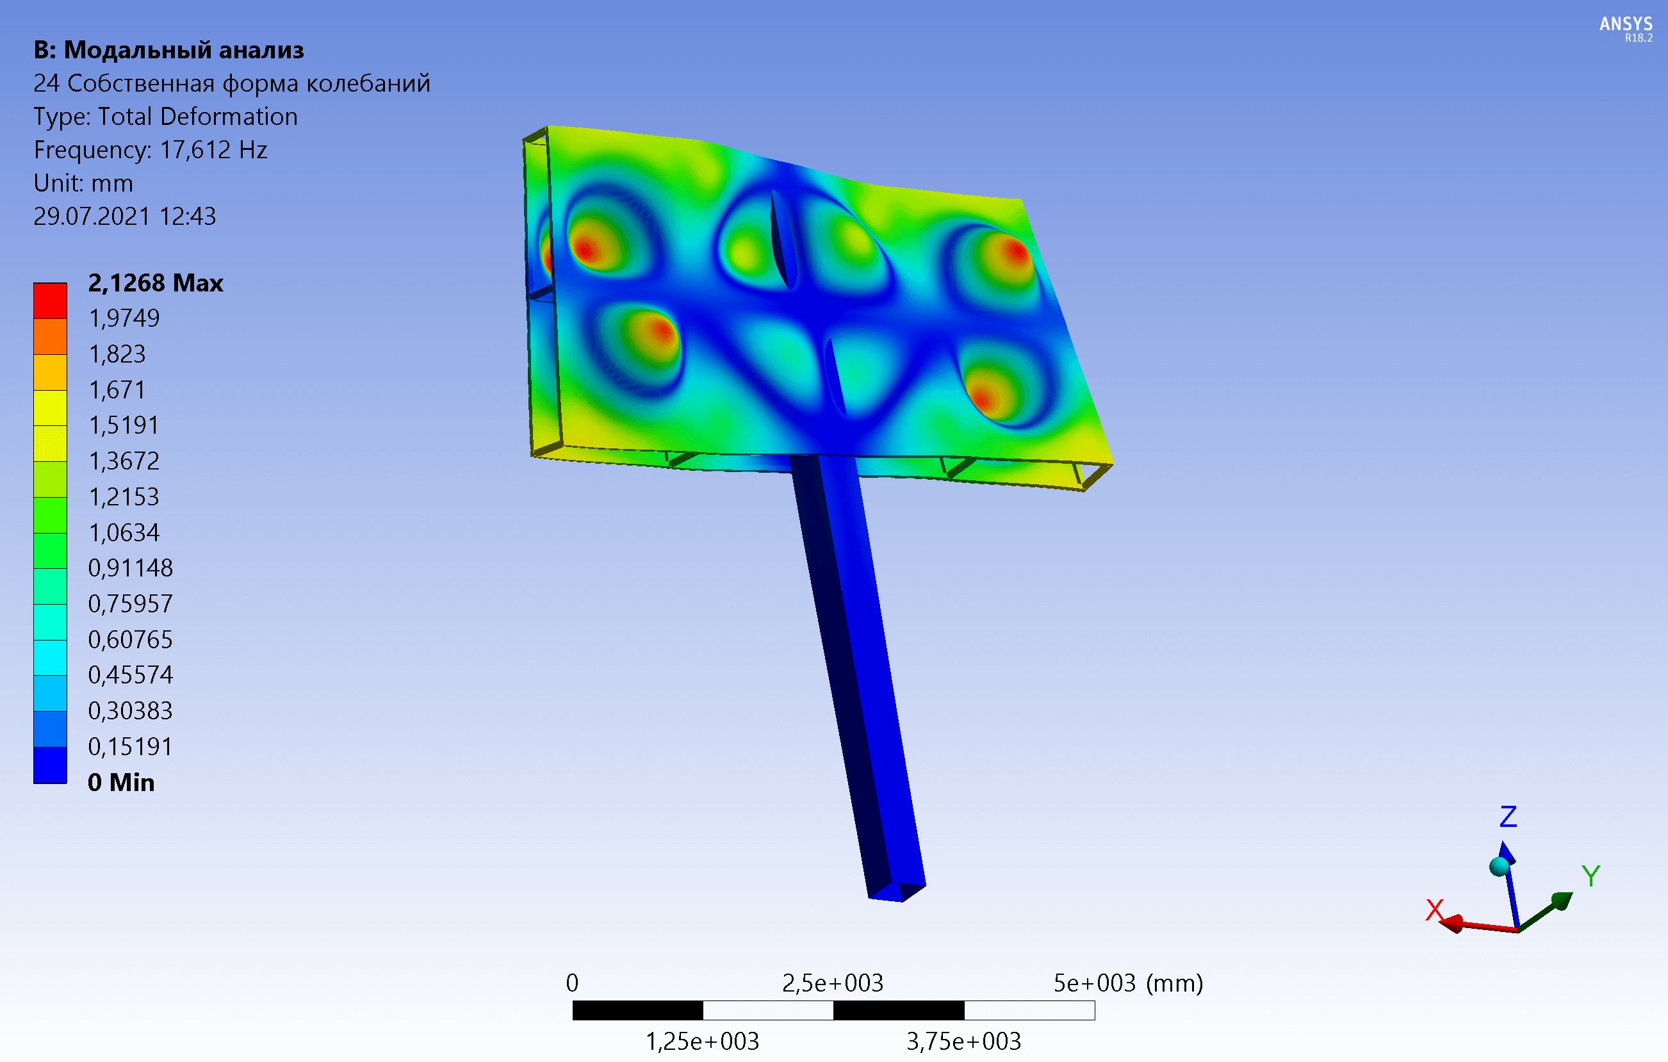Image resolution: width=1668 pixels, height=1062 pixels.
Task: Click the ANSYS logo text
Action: click(1626, 24)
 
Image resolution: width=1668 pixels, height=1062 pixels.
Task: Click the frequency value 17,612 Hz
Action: click(213, 150)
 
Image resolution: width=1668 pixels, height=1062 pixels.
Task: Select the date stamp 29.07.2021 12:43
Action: click(125, 216)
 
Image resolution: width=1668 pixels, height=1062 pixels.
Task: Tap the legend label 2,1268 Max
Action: click(156, 282)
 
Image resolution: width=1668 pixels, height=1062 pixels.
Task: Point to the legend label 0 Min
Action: click(121, 782)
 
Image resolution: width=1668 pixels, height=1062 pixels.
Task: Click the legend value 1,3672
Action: click(124, 461)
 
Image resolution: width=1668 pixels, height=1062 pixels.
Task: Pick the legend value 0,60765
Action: click(130, 639)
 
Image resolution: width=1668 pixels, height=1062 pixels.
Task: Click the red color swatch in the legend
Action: click(51, 300)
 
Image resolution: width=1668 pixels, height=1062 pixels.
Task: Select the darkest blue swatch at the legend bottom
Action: click(51, 765)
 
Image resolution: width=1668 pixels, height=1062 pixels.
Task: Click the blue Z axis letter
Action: click(1508, 817)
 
